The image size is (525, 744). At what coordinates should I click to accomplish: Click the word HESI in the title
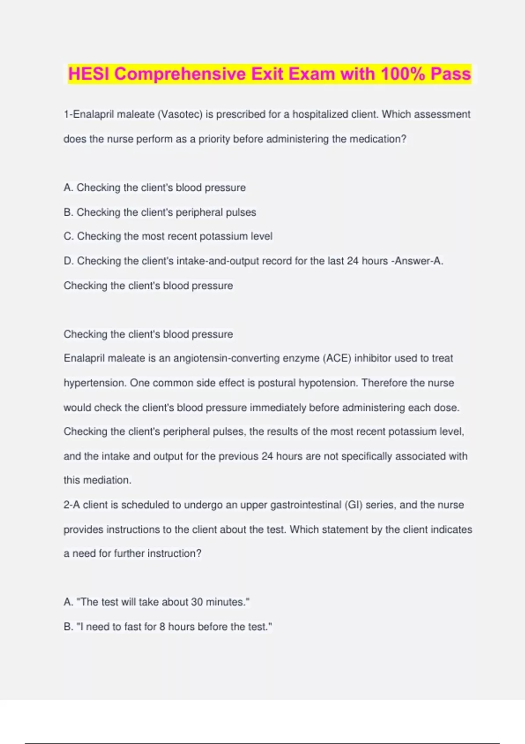(x=89, y=74)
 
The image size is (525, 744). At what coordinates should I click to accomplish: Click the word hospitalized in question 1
(x=320, y=114)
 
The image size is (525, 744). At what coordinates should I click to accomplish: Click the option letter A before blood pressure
(x=68, y=188)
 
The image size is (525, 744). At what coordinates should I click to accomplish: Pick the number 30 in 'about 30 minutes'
(x=197, y=602)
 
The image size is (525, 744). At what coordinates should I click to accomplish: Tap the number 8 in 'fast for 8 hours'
(x=162, y=627)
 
